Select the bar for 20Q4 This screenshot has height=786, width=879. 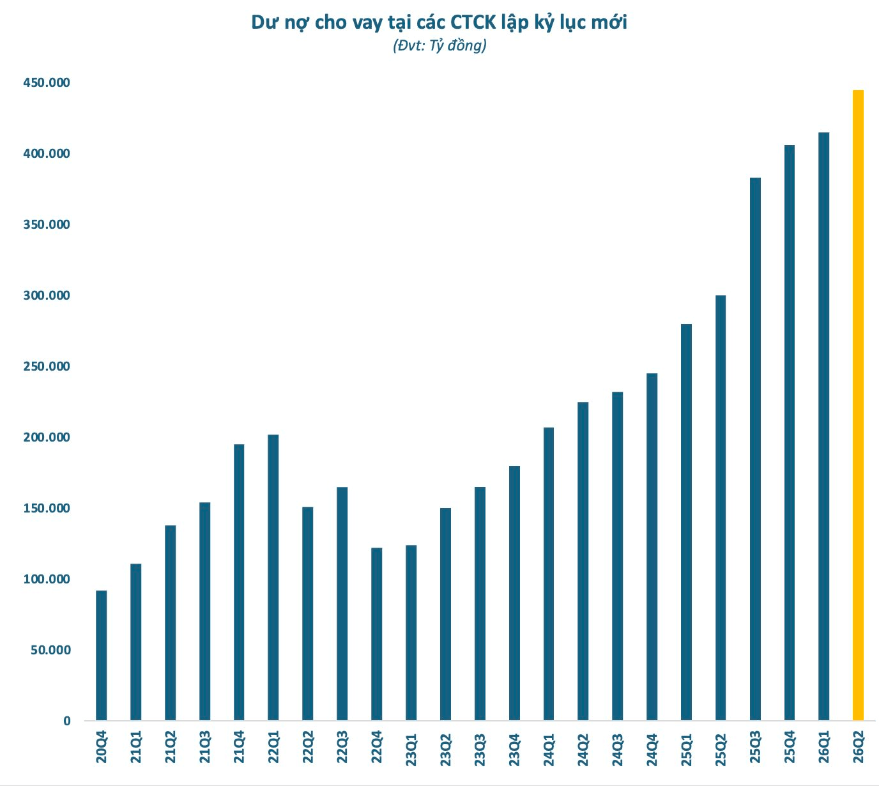click(x=101, y=656)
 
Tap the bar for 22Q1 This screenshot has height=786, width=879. click(x=273, y=578)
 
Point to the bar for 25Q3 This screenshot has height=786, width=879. click(x=755, y=449)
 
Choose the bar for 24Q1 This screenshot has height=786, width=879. click(x=548, y=574)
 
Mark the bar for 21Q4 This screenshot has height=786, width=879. click(x=239, y=582)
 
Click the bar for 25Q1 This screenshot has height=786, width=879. click(x=686, y=522)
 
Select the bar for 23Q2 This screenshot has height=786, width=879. click(x=445, y=614)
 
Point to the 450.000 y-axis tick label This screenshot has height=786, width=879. click(x=47, y=82)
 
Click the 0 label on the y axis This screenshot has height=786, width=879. click(x=66, y=721)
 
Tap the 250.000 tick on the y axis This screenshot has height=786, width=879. click(x=47, y=366)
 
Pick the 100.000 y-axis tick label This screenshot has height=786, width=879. click(x=47, y=579)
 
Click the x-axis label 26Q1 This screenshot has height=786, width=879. click(x=823, y=747)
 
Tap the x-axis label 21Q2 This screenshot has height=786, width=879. click(x=170, y=747)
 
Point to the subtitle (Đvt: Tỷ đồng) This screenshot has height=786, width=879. click(x=439, y=45)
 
